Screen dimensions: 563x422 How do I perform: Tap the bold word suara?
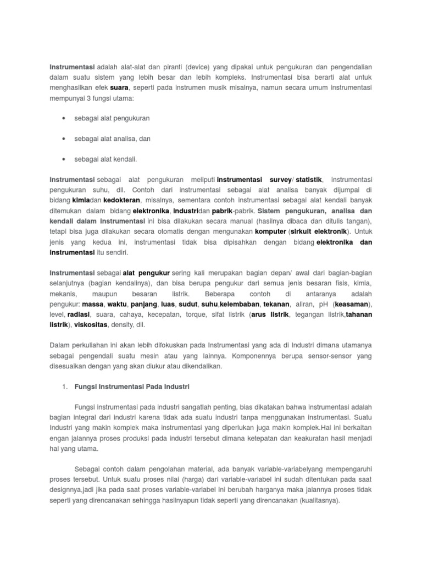click(119, 87)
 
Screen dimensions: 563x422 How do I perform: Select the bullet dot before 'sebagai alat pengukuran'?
click(65, 118)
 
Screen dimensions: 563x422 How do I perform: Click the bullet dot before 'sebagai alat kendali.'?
click(65, 159)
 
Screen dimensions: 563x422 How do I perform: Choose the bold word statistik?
click(309, 180)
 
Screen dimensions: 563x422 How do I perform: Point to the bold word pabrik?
click(222, 211)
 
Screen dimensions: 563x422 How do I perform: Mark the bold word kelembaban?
click(240, 304)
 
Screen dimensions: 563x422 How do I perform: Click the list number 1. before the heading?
click(64, 387)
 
